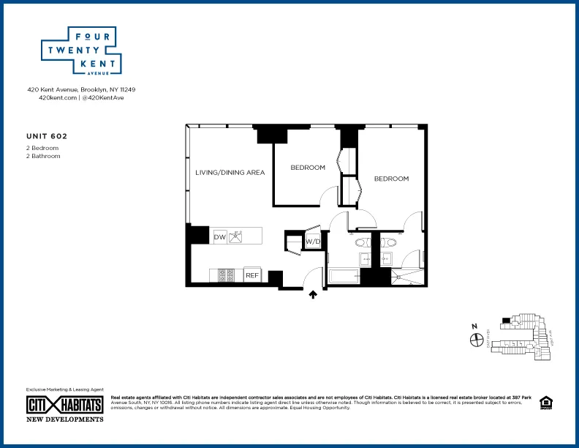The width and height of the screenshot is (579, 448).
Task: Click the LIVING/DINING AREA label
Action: [x=230, y=173]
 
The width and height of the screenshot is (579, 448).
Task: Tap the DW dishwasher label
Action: [x=219, y=237]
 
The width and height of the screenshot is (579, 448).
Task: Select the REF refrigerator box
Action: [x=251, y=275]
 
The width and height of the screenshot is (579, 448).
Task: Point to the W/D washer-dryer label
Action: [x=313, y=241]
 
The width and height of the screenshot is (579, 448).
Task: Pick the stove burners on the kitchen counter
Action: [x=227, y=275]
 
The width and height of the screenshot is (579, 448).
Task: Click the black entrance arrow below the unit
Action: [x=313, y=294]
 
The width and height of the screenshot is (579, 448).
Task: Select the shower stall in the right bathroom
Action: [x=405, y=277]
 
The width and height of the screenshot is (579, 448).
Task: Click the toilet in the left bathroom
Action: [x=363, y=242]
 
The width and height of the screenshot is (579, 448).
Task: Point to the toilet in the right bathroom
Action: [x=388, y=242]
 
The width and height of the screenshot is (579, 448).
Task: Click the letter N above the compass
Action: [x=474, y=326]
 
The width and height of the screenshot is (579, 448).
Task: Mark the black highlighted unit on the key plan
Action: [x=505, y=320]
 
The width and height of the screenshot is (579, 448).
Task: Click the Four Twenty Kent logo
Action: [x=80, y=51]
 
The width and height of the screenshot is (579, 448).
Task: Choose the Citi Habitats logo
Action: [x=64, y=404]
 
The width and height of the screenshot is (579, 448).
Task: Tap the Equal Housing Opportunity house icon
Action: [x=545, y=402]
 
